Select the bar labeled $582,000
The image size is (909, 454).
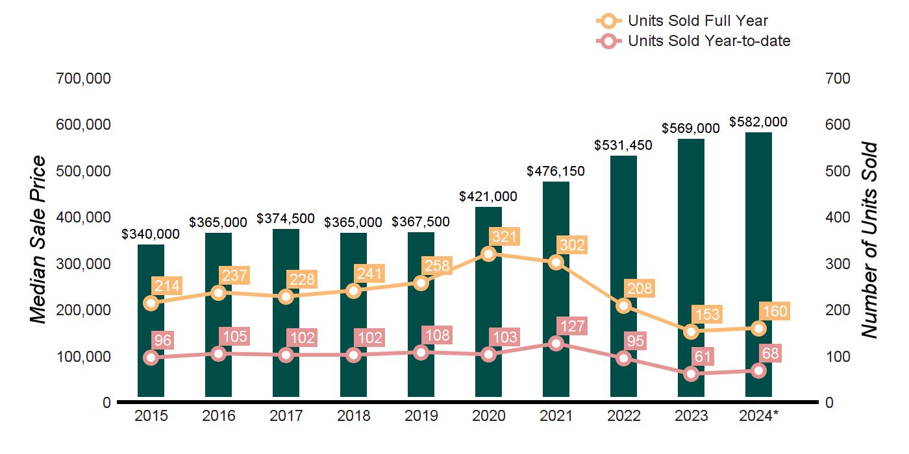pos(758,259)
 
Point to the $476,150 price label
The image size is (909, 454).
pos(556,171)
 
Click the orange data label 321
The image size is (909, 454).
pos(504,237)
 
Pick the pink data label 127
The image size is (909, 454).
pos(572,326)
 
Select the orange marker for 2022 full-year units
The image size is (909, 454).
pos(623,305)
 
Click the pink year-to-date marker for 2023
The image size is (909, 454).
pos(691,374)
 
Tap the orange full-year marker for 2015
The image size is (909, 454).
pos(151,303)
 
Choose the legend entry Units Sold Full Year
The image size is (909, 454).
pos(697,21)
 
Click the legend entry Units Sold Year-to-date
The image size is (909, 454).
pos(708,41)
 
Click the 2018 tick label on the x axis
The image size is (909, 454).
pos(353,416)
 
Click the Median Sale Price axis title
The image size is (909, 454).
pos(39,239)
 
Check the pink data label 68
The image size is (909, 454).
pos(771,353)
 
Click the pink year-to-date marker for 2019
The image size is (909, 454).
pos(421,352)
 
